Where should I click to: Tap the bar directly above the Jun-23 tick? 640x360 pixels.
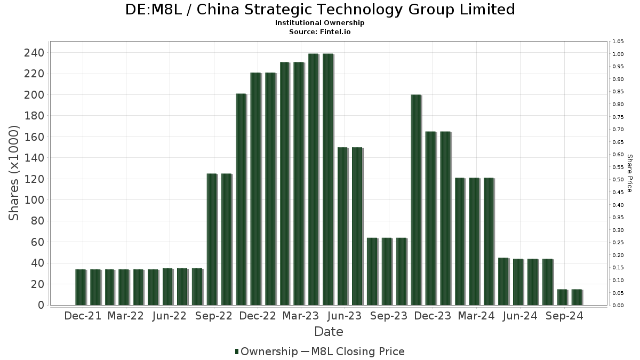tap(342, 226)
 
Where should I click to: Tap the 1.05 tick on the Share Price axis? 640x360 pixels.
tap(618, 42)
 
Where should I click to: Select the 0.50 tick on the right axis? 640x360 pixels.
tap(618, 180)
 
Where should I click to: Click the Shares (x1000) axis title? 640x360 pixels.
tap(14, 173)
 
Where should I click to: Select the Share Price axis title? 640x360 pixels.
tap(630, 173)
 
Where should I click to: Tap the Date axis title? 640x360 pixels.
tap(329, 332)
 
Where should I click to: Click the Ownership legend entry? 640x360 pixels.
tap(266, 351)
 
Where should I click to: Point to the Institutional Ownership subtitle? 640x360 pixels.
tap(320, 23)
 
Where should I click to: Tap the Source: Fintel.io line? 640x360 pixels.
tap(320, 31)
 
